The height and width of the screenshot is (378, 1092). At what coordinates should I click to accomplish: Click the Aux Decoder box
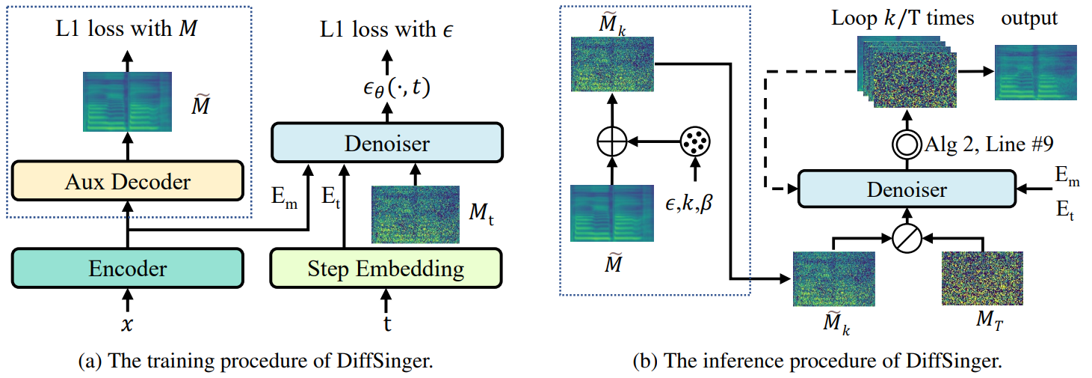tap(127, 181)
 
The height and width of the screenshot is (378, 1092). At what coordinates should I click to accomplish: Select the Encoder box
tap(127, 268)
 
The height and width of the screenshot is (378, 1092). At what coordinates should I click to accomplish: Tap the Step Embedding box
tap(386, 268)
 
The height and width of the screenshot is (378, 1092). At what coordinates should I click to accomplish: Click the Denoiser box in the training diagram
tap(387, 143)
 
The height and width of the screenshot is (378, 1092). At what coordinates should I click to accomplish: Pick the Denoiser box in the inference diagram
tap(907, 189)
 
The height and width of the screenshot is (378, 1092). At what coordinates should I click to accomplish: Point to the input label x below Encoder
tap(127, 324)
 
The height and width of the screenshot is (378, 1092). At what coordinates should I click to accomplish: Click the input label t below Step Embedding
tap(386, 323)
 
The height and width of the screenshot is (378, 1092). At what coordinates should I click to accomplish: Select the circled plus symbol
tap(612, 141)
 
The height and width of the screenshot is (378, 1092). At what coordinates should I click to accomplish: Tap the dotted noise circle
tap(694, 141)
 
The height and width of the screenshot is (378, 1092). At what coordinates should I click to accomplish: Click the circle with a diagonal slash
tap(907, 239)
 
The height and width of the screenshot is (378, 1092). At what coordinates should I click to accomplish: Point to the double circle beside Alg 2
tap(907, 144)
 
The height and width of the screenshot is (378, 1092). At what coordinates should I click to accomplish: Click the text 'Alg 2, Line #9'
tap(989, 144)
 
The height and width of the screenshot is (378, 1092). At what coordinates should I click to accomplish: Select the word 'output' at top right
tap(1029, 19)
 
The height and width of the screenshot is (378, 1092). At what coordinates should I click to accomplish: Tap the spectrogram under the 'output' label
tap(1035, 73)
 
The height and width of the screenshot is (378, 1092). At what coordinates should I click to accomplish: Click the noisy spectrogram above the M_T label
tap(982, 278)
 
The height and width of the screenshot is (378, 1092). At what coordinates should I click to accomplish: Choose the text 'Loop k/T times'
tap(902, 19)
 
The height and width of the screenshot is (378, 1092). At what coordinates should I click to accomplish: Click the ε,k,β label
tap(689, 201)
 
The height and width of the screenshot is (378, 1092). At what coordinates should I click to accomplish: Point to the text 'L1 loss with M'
tap(126, 28)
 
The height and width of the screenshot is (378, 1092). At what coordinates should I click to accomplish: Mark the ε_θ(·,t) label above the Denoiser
tap(396, 88)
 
